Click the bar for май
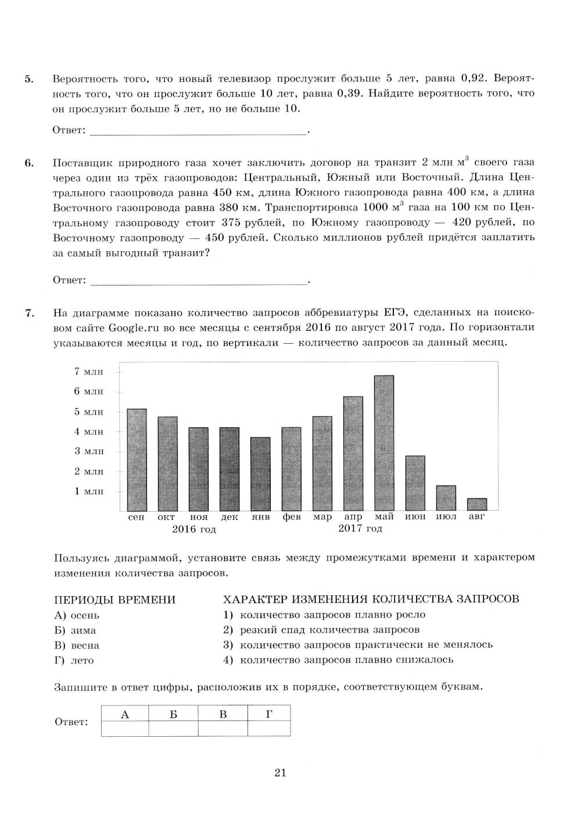click(x=384, y=443)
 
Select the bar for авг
click(x=477, y=504)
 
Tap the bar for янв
click(x=260, y=473)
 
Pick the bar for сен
click(x=137, y=459)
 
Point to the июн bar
click(x=415, y=483)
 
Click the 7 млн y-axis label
click(x=88, y=372)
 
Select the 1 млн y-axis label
click(x=88, y=491)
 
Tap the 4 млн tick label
click(x=88, y=431)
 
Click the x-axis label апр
click(x=353, y=517)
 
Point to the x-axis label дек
click(x=229, y=517)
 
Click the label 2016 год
click(x=194, y=529)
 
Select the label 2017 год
click(x=360, y=529)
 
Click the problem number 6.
click(x=28, y=163)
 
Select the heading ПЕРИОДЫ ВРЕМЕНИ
click(x=114, y=600)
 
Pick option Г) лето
click(x=74, y=661)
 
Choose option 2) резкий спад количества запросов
click(x=321, y=630)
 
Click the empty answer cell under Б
click(x=173, y=728)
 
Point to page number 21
click(x=281, y=773)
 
